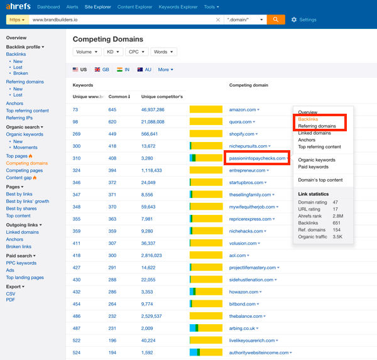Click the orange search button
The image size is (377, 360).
point(276,19)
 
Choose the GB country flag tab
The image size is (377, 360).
point(101,70)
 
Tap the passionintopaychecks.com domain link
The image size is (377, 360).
point(256,158)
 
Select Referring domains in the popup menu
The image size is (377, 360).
point(317,126)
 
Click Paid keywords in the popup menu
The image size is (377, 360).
point(313,167)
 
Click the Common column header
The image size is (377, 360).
point(119,97)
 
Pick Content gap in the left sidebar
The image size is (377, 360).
point(19,178)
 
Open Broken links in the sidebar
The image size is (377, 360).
point(19,246)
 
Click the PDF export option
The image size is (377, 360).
point(10,300)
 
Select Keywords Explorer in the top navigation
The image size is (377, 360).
point(178,7)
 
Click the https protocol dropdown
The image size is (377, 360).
point(17,20)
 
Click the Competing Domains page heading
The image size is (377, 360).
point(108,39)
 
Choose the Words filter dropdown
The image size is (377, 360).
point(163,52)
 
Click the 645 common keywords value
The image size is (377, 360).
point(112,109)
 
